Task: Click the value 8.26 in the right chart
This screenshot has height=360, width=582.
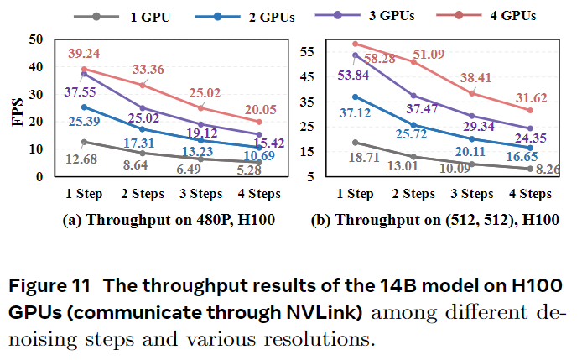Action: pos(548,170)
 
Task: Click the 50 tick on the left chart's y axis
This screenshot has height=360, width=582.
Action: pos(34,39)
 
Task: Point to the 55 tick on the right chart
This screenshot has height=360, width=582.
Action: pos(304,50)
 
